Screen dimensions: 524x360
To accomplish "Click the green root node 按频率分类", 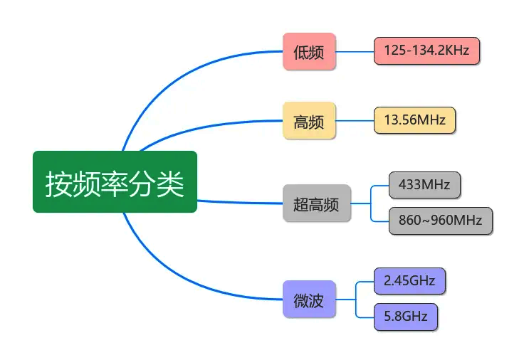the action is [x=115, y=181].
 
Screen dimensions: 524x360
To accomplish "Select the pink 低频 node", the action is [x=309, y=51].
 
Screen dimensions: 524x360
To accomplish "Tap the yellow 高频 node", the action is [x=309, y=120].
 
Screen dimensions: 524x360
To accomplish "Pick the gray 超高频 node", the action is [x=317, y=203].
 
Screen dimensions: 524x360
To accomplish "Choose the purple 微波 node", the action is [x=309, y=300].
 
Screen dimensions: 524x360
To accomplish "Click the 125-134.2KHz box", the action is [x=426, y=51].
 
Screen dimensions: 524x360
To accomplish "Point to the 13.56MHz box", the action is [x=414, y=120].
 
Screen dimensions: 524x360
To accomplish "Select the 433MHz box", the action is [x=424, y=185].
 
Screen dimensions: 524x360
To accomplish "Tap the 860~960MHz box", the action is [x=441, y=221].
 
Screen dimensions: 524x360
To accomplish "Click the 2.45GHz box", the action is [x=409, y=281].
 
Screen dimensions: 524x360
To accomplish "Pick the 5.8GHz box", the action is [x=406, y=317].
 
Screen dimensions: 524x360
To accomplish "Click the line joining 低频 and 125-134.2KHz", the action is [x=355, y=52].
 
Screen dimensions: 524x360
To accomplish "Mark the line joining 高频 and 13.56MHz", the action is [x=355, y=120].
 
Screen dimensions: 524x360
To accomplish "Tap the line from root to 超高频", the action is [x=240, y=202].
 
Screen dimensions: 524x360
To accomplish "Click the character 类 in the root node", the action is [x=170, y=184].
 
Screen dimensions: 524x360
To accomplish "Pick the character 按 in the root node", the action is [x=59, y=184].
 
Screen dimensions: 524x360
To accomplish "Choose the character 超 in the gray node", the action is [x=300, y=204].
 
